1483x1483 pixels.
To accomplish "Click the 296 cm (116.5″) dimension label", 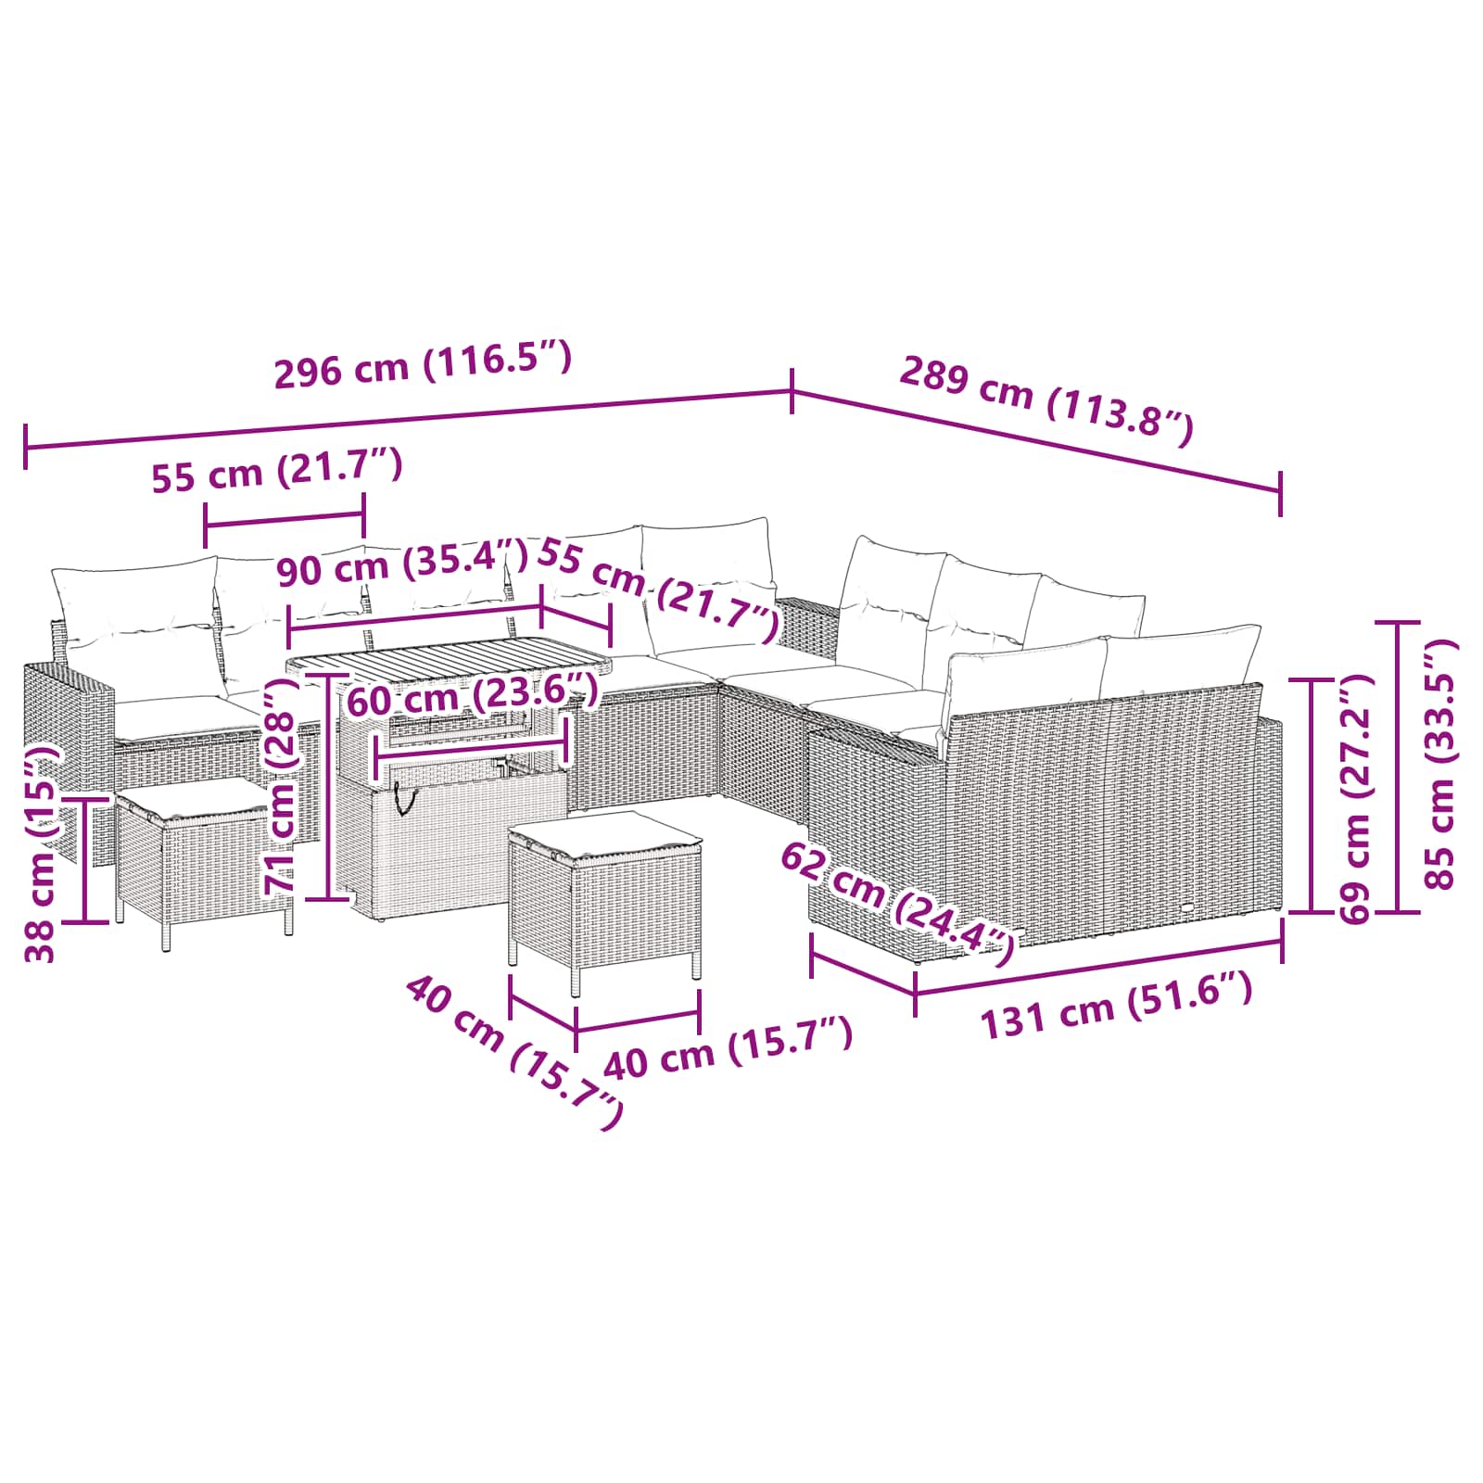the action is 423,364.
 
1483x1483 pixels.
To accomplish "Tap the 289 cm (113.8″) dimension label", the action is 1046,400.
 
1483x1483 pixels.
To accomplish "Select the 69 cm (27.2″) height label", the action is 1355,798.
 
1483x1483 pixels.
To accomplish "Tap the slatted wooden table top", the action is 449,660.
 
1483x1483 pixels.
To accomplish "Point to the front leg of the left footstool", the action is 166,926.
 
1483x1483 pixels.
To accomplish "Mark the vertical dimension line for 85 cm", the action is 1399,767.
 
